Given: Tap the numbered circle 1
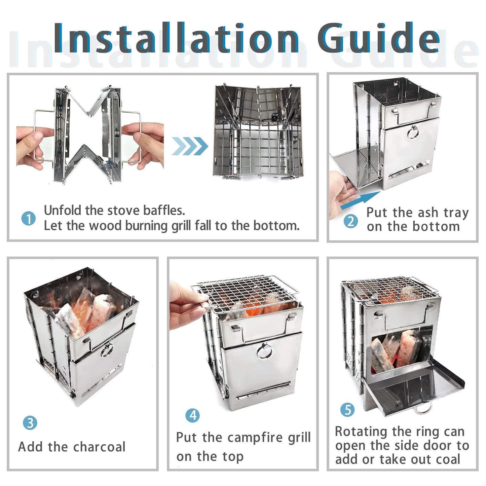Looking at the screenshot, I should (28, 219).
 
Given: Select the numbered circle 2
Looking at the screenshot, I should (350, 222).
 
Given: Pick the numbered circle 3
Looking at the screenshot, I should (30, 423).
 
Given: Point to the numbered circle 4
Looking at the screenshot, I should (193, 415).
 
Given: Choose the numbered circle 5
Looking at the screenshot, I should (347, 410).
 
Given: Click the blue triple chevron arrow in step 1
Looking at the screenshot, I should (190, 146).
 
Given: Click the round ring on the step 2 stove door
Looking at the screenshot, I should (413, 133).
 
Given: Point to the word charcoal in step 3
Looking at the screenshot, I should (99, 447).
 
